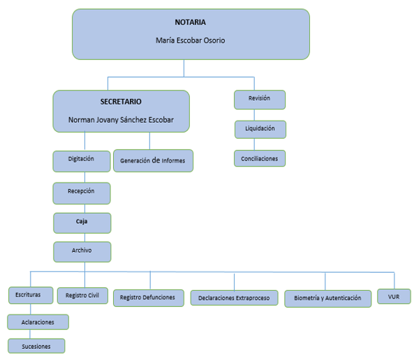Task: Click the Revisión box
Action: tap(260, 100)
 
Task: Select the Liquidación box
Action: tap(260, 130)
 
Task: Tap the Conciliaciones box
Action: tap(260, 158)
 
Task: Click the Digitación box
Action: tap(82, 161)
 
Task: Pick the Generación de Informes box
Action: tap(153, 160)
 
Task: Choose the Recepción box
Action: tap(82, 193)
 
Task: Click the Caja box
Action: tap(82, 223)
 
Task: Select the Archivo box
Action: tap(82, 252)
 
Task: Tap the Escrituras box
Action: tap(31, 295)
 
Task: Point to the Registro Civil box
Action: tap(82, 296)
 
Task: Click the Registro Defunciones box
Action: tap(149, 298)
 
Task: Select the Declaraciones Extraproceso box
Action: tap(234, 298)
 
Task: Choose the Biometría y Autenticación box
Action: tap(328, 299)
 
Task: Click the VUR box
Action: tap(394, 297)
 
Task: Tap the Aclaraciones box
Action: tap(38, 322)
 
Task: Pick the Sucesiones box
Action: tap(36, 346)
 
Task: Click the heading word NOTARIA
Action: tap(190, 22)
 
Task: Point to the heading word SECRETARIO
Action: tap(121, 102)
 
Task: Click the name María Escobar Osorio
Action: tap(190, 40)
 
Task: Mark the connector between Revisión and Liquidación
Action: tap(254, 115)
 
